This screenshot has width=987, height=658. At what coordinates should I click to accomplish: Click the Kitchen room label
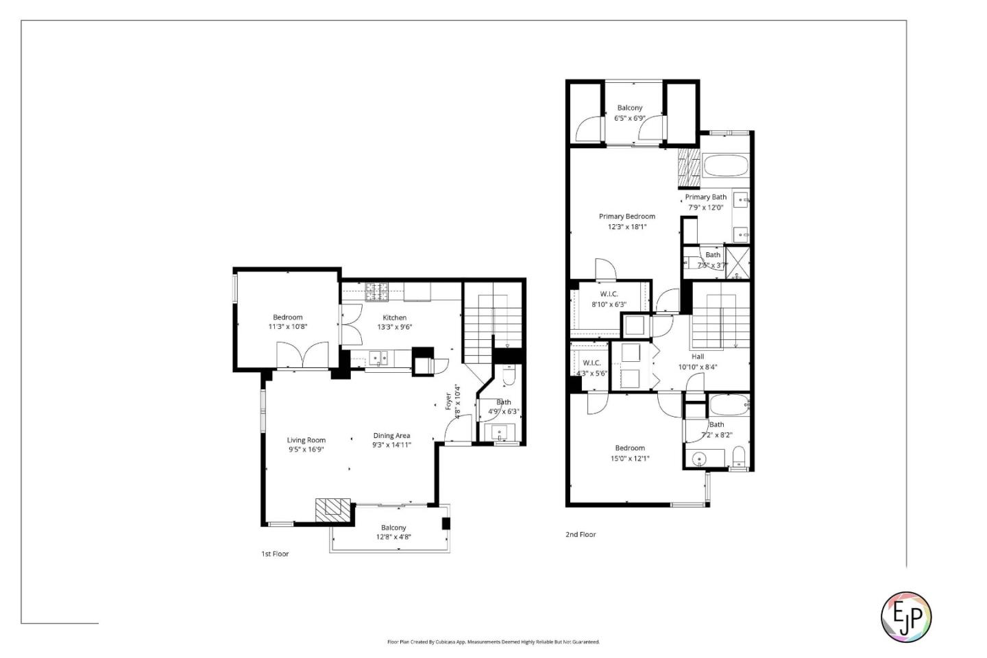pyautogui.click(x=394, y=318)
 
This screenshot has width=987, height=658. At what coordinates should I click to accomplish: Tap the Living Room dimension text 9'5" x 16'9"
pyautogui.click(x=306, y=450)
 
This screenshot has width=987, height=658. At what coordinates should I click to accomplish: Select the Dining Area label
pyautogui.click(x=391, y=436)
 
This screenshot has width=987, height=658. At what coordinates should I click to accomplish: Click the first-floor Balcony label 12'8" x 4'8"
pyautogui.click(x=393, y=533)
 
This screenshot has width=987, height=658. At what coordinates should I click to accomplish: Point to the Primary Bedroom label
pyautogui.click(x=626, y=217)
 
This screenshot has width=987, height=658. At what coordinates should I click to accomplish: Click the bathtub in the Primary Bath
pyautogui.click(x=725, y=166)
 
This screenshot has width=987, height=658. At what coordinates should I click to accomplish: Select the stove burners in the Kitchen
pyautogui.click(x=376, y=293)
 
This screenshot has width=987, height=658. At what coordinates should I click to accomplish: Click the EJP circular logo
pyautogui.click(x=905, y=617)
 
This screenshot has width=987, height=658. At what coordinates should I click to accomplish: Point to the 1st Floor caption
pyautogui.click(x=275, y=554)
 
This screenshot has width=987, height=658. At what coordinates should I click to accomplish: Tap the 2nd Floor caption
pyautogui.click(x=581, y=535)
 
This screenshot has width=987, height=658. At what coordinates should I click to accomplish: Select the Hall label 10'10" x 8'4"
pyautogui.click(x=697, y=362)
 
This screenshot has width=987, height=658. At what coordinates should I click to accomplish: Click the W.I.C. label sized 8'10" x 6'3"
pyautogui.click(x=609, y=300)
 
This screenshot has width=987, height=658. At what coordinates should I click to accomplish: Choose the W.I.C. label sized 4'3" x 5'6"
pyautogui.click(x=592, y=368)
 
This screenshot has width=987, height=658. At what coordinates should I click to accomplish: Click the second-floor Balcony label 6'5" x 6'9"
pyautogui.click(x=629, y=113)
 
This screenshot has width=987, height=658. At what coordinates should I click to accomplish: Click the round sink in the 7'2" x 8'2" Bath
pyautogui.click(x=699, y=459)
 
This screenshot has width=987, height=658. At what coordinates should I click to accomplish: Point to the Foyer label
pyautogui.click(x=449, y=401)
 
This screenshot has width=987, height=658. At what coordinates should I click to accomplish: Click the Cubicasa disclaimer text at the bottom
pyautogui.click(x=493, y=642)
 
